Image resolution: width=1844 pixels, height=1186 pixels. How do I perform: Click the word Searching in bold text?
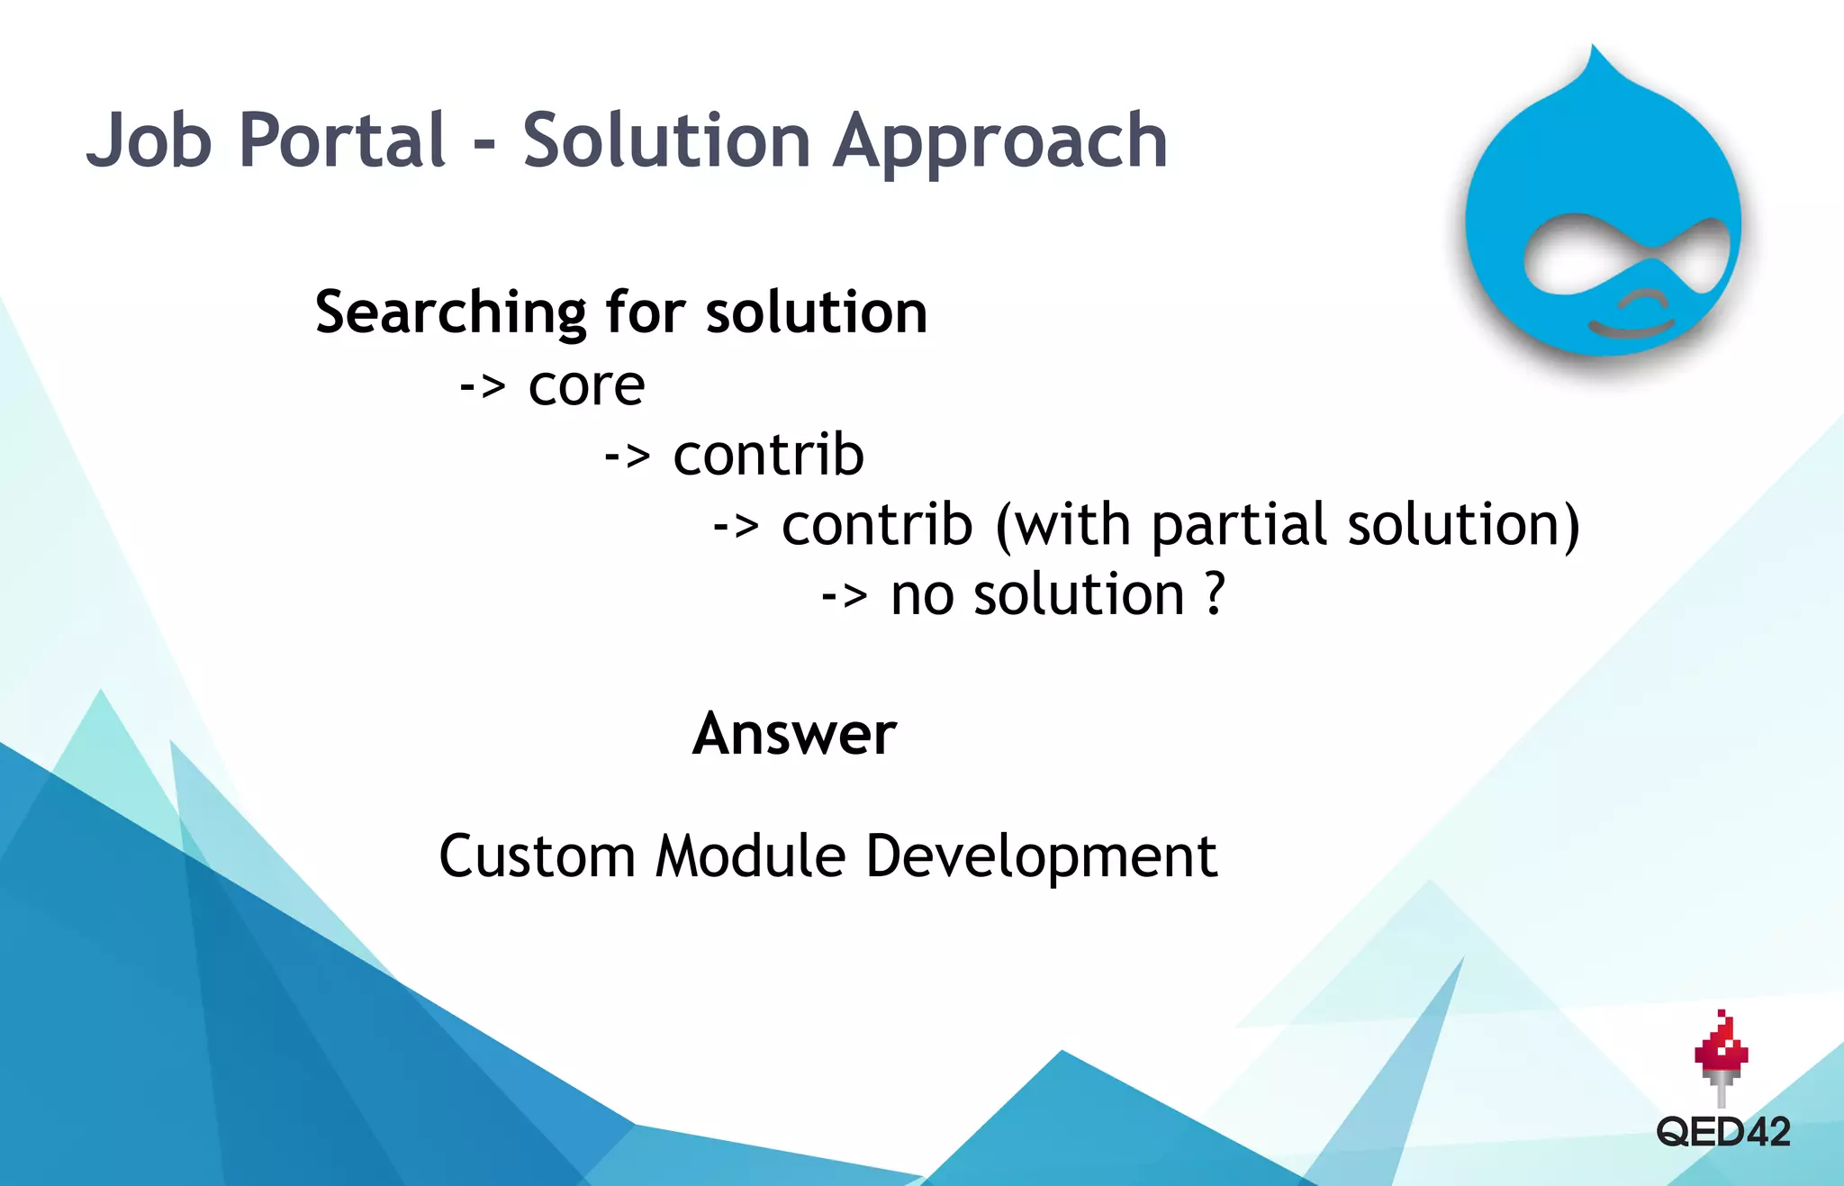[450, 313]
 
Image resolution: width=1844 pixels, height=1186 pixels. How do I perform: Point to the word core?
[586, 387]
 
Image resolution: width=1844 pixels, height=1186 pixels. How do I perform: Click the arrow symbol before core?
[483, 387]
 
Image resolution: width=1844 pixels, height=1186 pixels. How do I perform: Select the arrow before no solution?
[845, 596]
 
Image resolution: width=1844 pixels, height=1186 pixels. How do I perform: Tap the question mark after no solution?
[1215, 594]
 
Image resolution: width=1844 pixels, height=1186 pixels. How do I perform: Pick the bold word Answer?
[794, 734]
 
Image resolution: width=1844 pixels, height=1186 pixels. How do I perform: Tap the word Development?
[1041, 857]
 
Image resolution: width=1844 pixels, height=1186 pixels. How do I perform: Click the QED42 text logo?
[1722, 1132]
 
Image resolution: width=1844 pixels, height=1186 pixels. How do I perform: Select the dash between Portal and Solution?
[484, 144]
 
